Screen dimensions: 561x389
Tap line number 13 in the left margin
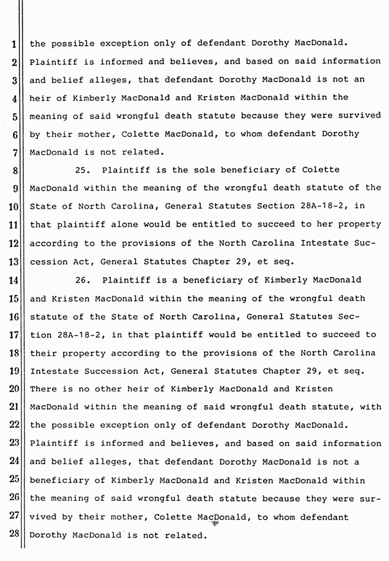[13, 262]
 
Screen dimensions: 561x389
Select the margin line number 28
[13, 535]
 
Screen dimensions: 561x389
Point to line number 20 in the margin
[13, 389]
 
